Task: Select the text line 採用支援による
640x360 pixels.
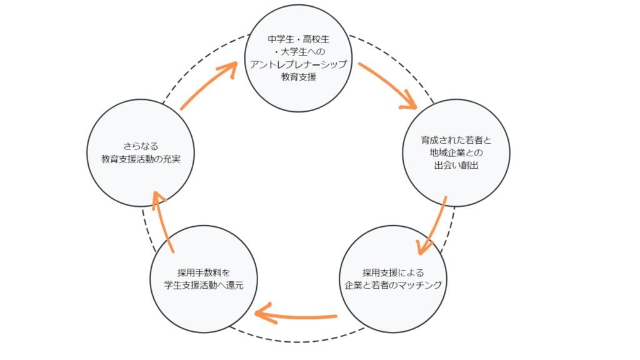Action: (393, 272)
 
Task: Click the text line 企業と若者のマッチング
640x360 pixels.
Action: (393, 285)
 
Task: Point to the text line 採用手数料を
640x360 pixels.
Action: (203, 272)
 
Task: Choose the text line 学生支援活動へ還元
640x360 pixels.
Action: (203, 285)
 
